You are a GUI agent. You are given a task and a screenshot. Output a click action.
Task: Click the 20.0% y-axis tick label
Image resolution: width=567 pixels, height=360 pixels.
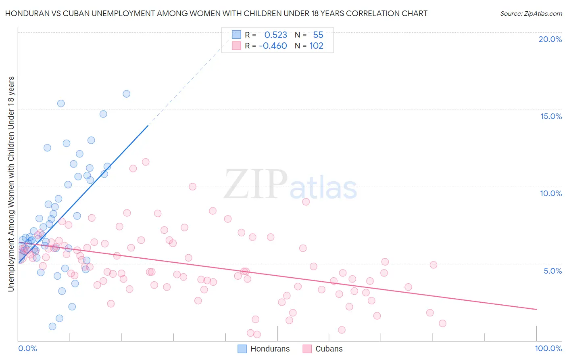[x=550, y=39]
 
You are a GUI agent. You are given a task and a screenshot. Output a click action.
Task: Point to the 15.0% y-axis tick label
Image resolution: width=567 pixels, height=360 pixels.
[x=551, y=116]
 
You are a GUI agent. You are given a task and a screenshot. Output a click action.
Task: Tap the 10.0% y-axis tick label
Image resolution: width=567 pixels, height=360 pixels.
[x=551, y=193]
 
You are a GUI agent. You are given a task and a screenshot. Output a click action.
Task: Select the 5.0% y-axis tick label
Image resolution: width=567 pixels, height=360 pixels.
[x=552, y=271]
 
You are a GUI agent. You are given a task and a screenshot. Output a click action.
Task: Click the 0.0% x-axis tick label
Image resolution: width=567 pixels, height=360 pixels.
[x=27, y=348]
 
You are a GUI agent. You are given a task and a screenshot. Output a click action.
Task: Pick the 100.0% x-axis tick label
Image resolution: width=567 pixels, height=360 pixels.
[x=548, y=348]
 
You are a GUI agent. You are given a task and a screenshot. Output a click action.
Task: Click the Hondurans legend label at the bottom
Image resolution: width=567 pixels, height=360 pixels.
[x=270, y=349]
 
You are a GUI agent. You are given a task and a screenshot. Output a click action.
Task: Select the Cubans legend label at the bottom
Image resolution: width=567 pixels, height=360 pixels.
[x=329, y=349]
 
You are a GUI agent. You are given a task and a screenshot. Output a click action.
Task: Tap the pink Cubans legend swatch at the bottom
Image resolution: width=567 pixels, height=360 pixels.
[x=307, y=349]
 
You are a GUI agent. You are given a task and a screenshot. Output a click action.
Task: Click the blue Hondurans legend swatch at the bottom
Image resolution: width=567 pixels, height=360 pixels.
[x=242, y=349]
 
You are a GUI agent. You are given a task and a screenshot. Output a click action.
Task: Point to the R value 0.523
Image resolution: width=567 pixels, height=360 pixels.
[x=275, y=35]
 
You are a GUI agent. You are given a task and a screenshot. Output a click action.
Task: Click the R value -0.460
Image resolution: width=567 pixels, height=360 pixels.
[x=273, y=46]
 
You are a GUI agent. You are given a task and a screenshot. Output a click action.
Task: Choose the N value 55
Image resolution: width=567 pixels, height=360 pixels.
[x=318, y=35]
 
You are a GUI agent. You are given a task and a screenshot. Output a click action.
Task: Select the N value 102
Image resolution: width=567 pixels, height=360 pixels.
[x=316, y=46]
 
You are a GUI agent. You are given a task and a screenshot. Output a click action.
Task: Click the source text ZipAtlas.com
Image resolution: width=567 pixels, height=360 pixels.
[x=531, y=14]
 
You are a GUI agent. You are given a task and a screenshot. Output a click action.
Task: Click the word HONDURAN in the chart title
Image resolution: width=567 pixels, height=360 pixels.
[x=25, y=13]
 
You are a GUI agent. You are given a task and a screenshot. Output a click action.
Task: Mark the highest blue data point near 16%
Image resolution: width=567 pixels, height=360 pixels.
[x=126, y=94]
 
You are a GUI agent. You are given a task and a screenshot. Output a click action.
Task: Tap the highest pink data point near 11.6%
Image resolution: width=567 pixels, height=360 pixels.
[x=146, y=162]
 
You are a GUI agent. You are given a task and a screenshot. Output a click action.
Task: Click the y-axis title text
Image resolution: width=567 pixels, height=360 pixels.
[x=11, y=184]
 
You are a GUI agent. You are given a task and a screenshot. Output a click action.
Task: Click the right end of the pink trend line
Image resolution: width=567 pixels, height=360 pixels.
[x=536, y=309]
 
